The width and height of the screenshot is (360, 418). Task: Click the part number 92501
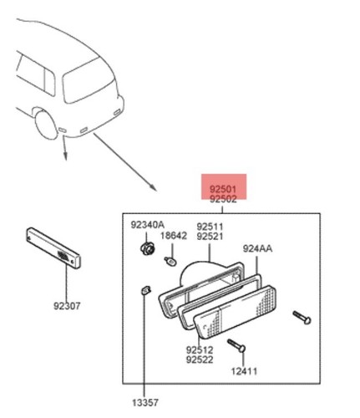223,189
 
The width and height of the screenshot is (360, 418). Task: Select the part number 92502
223,199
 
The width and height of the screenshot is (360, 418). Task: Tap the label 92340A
148,225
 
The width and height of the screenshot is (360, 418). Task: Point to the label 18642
174,236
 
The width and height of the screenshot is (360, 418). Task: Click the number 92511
210,227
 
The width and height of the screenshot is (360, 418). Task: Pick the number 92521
210,237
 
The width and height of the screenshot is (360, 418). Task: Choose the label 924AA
257,248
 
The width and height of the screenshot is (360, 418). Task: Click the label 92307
67,306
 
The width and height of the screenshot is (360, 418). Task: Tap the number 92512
200,349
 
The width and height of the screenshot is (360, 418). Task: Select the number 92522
200,359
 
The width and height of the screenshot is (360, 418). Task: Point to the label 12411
244,371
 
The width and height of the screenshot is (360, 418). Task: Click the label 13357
145,403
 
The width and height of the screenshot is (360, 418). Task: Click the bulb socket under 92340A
147,248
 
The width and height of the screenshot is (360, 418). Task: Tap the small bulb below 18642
170,262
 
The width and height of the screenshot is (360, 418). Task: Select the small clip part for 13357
145,291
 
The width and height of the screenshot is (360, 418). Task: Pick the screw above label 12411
236,345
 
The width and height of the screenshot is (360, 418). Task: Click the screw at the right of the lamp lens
302,318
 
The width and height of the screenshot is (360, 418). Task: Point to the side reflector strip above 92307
53,247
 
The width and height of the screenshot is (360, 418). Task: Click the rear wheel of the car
46,125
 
